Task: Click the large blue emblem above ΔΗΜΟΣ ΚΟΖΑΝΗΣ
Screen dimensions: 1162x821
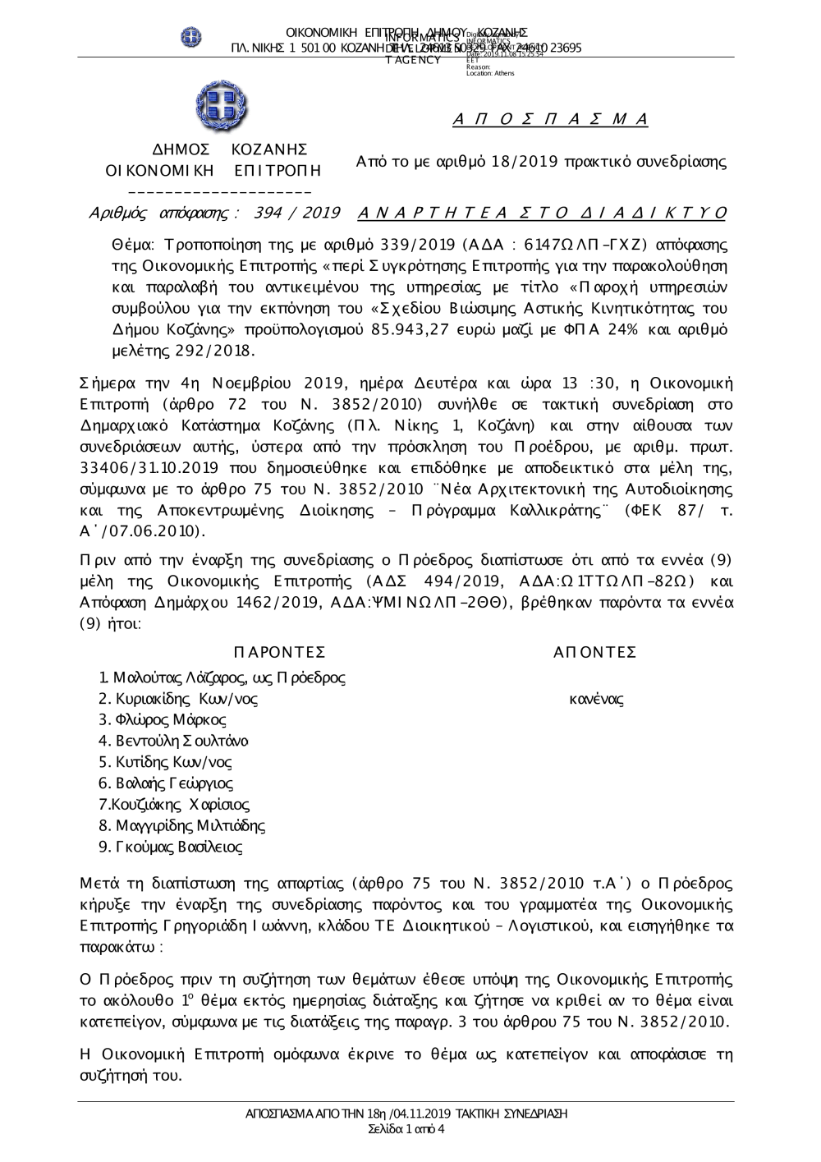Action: point(222,108)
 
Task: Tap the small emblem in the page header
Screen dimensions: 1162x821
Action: point(191,38)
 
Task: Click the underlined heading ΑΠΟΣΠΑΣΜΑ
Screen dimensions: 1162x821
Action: point(550,120)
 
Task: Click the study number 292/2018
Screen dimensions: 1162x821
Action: point(213,351)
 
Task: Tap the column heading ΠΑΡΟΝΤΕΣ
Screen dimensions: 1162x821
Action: point(279,653)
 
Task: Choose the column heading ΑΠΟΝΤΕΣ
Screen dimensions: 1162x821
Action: point(595,653)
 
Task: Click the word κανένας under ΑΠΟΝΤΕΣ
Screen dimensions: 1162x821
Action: point(596,700)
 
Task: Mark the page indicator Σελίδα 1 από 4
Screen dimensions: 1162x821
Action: point(407,1129)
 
